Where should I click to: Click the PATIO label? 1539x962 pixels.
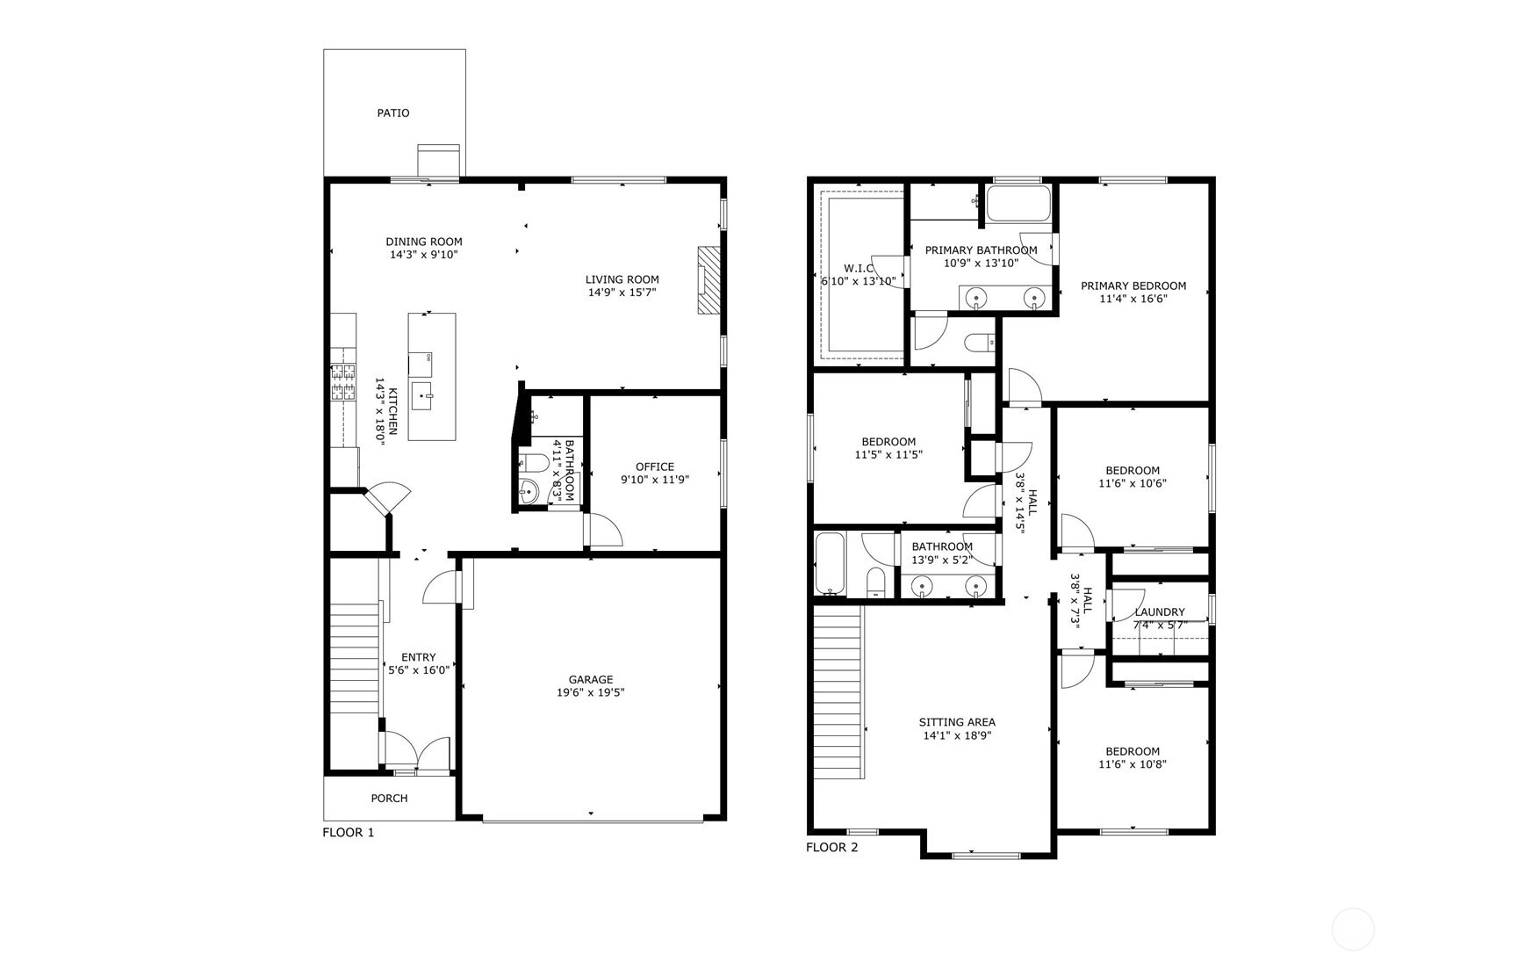392,112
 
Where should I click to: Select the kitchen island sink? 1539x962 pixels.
421,396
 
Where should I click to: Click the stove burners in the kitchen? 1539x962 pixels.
342,382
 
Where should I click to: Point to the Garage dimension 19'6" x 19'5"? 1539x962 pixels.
590,692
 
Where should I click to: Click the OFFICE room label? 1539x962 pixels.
654,467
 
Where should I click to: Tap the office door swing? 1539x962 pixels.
602,530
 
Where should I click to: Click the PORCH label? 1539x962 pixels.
389,799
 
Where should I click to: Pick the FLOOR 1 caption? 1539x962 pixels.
349,832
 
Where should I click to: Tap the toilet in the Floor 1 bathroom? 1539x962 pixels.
533,463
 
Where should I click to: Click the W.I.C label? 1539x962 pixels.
859,268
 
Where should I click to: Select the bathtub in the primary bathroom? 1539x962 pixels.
1018,204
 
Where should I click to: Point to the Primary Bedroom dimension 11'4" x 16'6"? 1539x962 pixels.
1133,299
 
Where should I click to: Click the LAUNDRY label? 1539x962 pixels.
1159,612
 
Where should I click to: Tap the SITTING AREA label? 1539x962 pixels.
957,722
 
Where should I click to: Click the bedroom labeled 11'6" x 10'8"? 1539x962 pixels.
1133,757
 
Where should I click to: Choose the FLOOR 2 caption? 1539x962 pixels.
832,847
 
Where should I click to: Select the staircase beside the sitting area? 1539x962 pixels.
838,694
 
